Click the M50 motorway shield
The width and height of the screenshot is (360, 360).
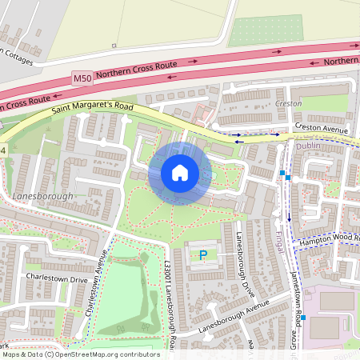[x=82, y=78]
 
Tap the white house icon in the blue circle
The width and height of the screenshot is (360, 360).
[x=180, y=173]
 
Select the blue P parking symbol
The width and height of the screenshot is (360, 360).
[x=202, y=256]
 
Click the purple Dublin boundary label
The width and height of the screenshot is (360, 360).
[x=308, y=146]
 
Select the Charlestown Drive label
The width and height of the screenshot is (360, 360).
[x=56, y=280]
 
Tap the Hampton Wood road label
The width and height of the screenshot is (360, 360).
[x=328, y=240]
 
